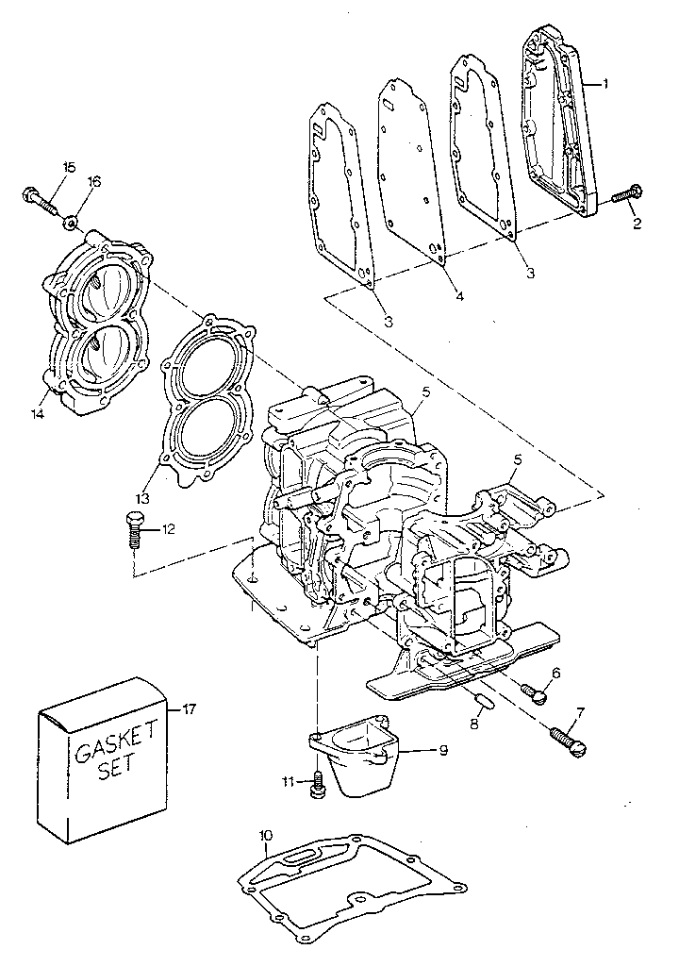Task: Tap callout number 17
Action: [x=189, y=709]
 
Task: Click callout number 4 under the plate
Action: [x=459, y=296]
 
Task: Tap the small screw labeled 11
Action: [x=318, y=783]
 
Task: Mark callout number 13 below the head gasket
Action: [x=144, y=497]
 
